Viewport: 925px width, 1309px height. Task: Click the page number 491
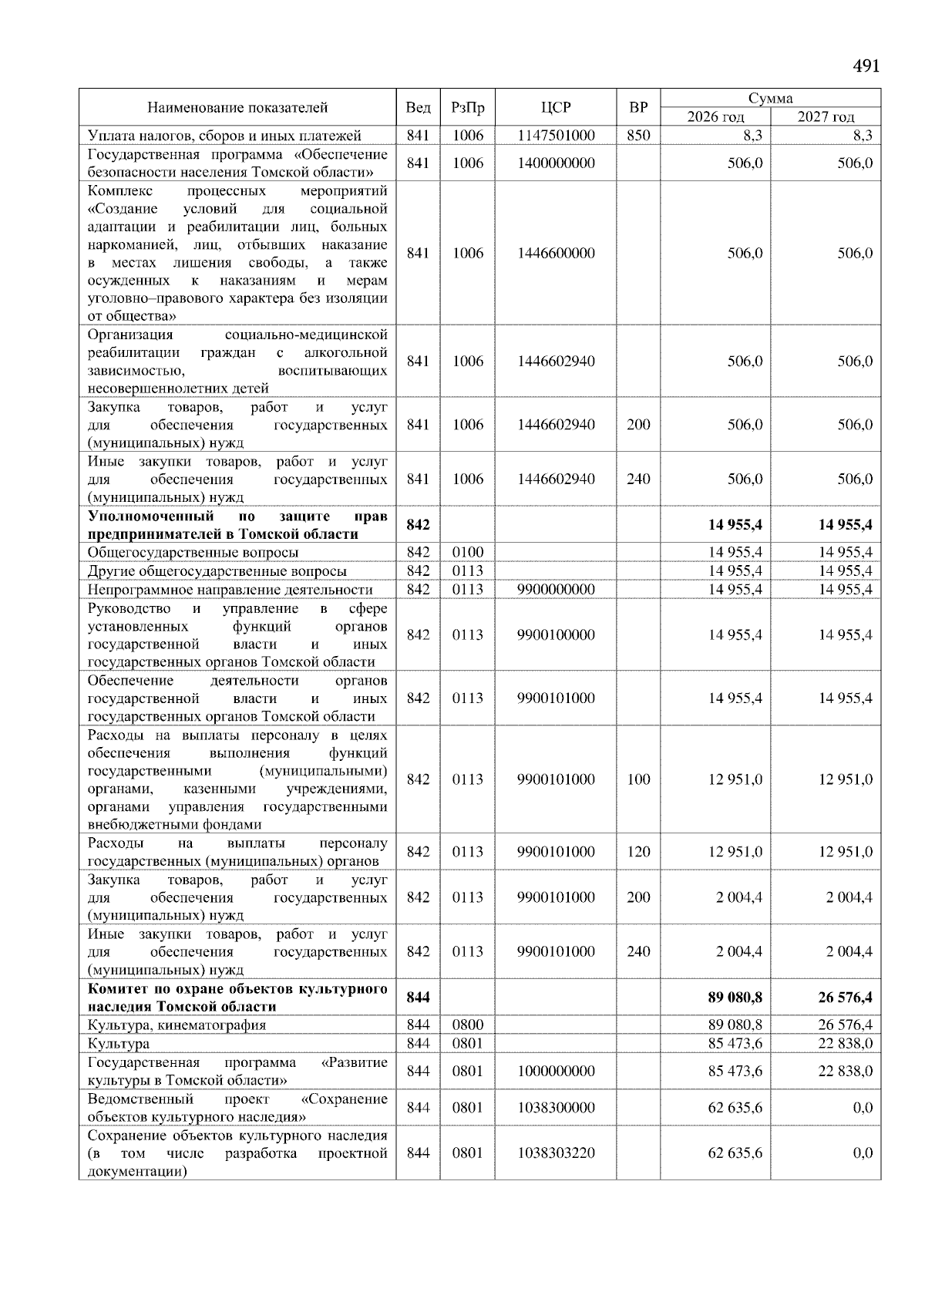pos(866,66)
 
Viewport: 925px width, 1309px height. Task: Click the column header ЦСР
pos(555,108)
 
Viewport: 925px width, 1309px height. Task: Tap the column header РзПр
pos(467,108)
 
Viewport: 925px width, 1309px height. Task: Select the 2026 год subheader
pos(715,117)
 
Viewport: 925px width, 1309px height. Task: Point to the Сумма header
pos(770,99)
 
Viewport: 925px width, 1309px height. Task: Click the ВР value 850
pos(637,136)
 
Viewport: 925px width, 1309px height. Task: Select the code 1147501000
pos(555,136)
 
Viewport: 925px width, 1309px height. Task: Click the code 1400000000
pos(555,163)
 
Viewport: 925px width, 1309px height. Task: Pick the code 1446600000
pos(555,253)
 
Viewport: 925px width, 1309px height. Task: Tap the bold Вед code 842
pos(418,525)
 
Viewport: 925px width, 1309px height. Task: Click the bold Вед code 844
pos(418,998)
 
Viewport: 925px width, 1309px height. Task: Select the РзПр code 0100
pos(467,552)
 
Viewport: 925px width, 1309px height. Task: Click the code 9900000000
pos(555,590)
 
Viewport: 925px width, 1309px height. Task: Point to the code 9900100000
pos(555,634)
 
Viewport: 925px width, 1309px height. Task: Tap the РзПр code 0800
pos(467,1025)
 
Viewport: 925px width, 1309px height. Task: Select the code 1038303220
pos(555,1153)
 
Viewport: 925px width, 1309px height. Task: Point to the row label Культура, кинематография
pos(177,1025)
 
